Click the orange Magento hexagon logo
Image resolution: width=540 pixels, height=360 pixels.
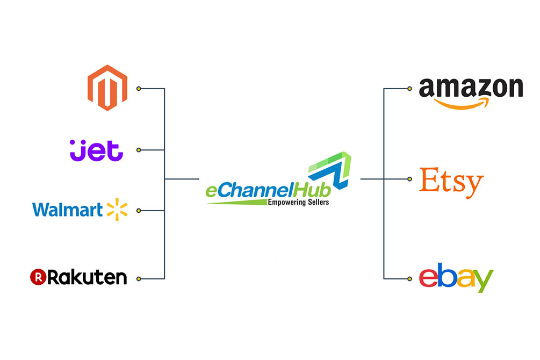107,88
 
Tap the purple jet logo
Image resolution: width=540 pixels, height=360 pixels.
96,150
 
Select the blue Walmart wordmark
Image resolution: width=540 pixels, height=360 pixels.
68,210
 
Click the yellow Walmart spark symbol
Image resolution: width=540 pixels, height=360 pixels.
117,210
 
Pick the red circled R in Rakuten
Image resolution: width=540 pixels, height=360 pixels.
38,277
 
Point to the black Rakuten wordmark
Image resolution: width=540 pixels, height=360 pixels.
87,277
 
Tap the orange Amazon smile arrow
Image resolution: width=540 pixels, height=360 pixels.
462,103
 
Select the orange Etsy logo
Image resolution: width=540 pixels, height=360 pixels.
451,183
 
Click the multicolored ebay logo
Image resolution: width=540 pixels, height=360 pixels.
456,278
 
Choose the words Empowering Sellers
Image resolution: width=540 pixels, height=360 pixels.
298,202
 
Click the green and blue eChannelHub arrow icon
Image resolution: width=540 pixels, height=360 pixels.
330,170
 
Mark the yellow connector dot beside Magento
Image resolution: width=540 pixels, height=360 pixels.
139,89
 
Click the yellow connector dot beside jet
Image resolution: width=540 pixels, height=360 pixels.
139,150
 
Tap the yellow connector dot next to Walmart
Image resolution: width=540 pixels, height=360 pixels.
139,211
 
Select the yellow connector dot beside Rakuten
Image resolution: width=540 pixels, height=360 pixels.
139,279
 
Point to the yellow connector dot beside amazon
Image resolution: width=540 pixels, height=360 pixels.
409,89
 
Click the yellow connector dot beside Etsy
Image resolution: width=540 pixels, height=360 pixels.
409,179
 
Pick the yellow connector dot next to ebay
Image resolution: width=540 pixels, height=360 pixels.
409,279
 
